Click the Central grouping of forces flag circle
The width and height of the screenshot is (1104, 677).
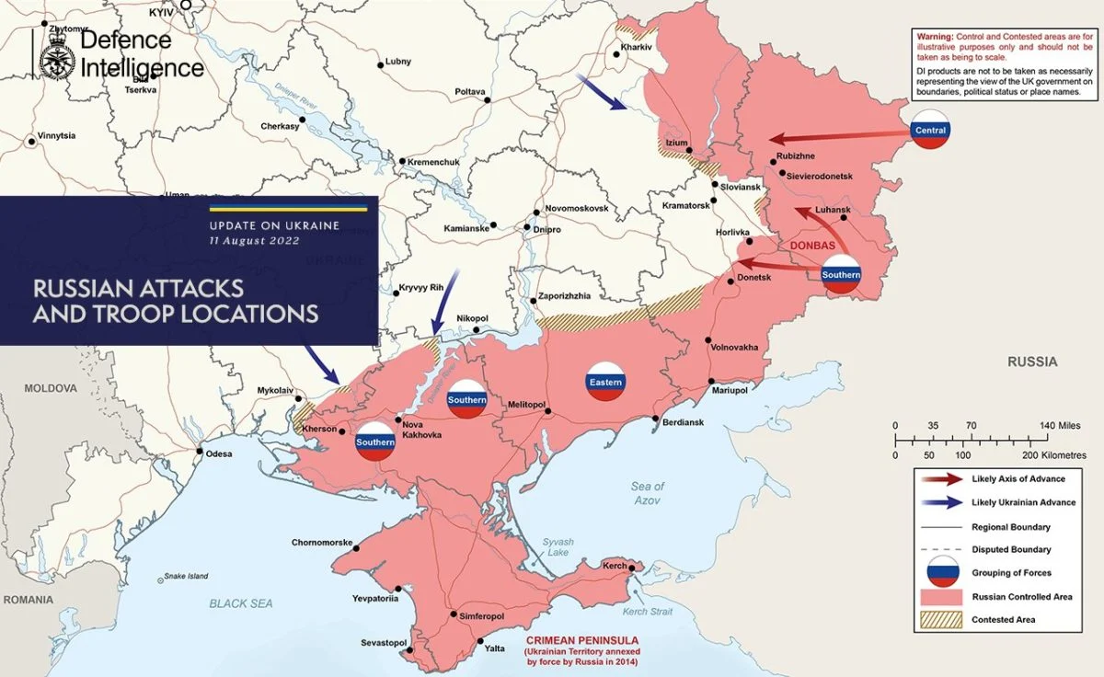[x=930, y=131]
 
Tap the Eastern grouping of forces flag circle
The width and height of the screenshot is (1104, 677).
[x=606, y=382]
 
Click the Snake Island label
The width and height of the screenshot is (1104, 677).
[x=187, y=577]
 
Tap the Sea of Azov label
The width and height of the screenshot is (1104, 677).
[x=648, y=492]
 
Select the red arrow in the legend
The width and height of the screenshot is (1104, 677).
[x=944, y=479]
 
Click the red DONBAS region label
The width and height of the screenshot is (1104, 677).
[x=812, y=247]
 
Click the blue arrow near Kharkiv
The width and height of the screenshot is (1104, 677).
[x=603, y=93]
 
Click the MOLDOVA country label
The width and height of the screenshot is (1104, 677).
[x=51, y=388]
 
